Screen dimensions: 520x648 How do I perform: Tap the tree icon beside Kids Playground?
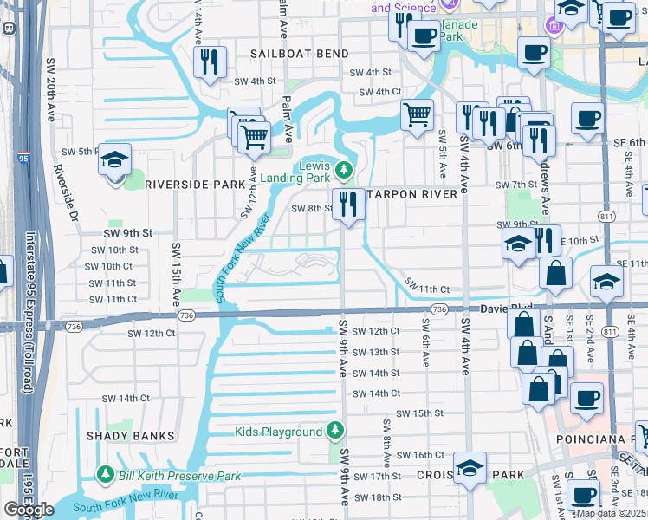(336, 432)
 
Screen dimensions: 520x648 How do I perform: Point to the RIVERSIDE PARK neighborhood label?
(195, 185)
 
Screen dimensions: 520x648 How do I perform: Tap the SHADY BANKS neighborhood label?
(136, 435)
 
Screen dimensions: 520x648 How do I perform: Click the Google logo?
(29, 509)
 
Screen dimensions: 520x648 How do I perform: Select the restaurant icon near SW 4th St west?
(210, 62)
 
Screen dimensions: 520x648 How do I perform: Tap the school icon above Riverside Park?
(114, 160)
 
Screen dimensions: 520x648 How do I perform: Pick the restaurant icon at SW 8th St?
(349, 205)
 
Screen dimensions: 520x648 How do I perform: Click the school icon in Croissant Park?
(470, 469)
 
